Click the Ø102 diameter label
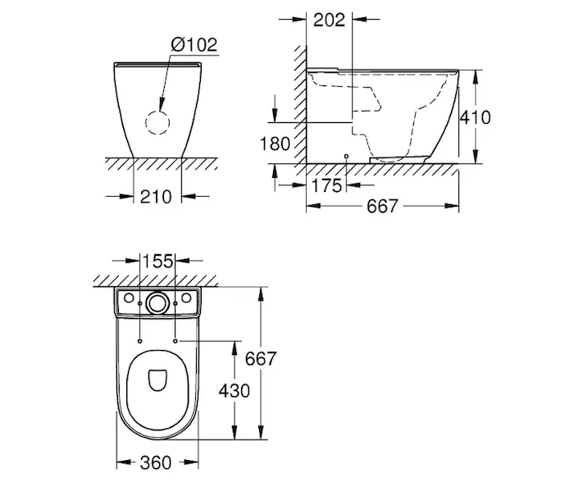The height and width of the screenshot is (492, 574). pos(194,45)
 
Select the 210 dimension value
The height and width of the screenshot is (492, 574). pos(156,197)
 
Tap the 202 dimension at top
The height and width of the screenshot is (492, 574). pos(329,20)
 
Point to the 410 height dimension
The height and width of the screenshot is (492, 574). pos(475,117)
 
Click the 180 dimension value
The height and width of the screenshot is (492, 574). pos(275,143)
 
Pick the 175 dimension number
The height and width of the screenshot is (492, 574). pos(326,185)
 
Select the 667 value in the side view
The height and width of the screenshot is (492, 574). pos(382,207)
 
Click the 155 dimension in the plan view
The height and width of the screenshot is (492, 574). pos(157,262)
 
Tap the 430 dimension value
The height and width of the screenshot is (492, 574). pos(235,391)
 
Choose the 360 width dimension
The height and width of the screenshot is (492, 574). pos(156,463)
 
